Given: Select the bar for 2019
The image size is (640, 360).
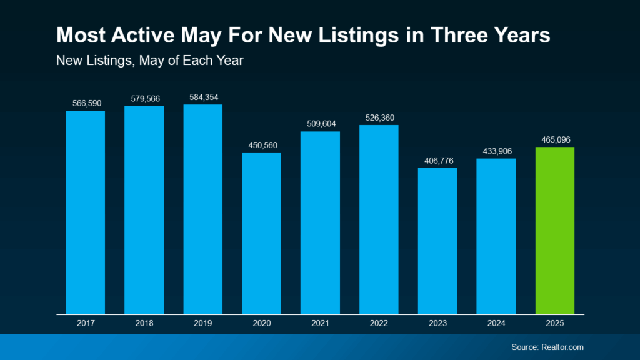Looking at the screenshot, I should tap(202, 209).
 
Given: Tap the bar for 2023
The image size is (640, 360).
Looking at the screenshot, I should tap(437, 241).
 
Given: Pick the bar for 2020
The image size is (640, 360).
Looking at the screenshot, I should tap(261, 232).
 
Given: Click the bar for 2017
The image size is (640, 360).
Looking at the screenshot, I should tap(85, 212).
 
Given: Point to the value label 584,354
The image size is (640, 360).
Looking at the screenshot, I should tap(202, 97).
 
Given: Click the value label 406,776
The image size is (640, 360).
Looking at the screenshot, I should tap(437, 161).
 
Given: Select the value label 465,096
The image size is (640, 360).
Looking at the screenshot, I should tap(554, 139).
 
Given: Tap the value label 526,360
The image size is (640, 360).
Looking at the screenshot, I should tap(379, 117).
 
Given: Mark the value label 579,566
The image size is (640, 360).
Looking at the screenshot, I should tap(144, 99).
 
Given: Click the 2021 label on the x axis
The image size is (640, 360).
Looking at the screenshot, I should tap(320, 324).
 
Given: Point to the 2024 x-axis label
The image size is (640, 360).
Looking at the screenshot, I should tap(496, 324).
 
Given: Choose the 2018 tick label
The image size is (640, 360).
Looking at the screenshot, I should tap(144, 324).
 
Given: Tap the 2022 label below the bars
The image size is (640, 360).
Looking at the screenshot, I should tap(379, 324).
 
